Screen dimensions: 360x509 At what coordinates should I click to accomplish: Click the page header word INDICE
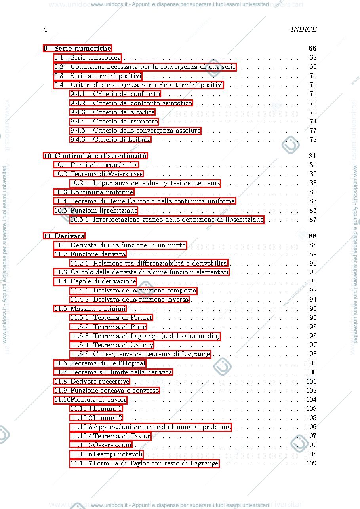click(x=304, y=29)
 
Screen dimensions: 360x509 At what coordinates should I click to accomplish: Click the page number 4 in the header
click(x=45, y=29)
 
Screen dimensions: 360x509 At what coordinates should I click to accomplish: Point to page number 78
click(x=313, y=139)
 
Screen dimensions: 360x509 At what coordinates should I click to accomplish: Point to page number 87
click(x=313, y=219)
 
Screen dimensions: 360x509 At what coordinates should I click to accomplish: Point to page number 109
click(x=311, y=463)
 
